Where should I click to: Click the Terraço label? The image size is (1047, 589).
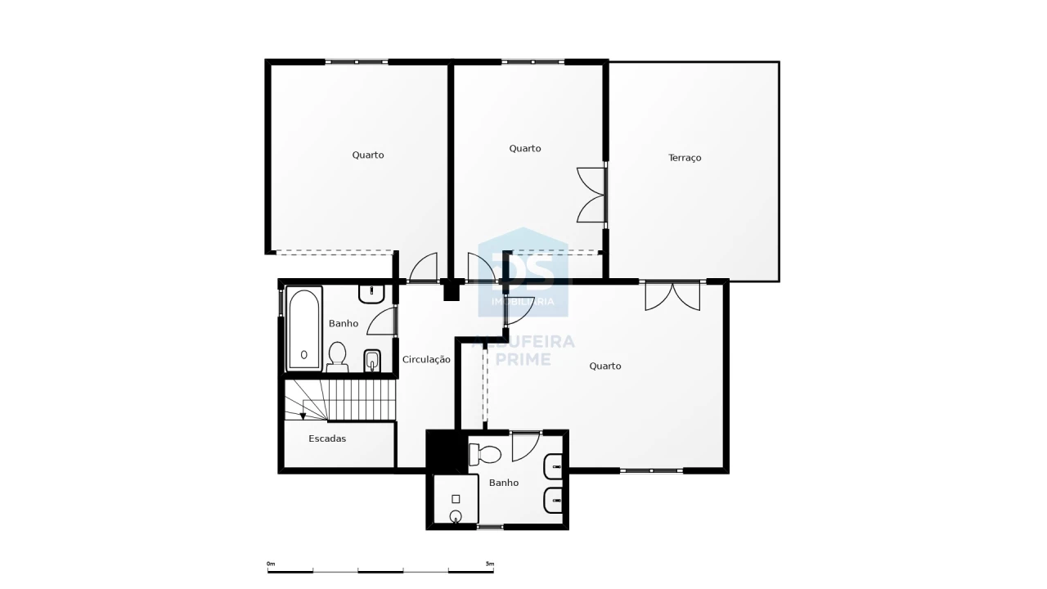point(685,158)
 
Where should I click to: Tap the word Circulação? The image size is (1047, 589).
point(426,359)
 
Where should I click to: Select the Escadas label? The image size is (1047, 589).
point(327,438)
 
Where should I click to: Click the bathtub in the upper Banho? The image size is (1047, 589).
point(303,329)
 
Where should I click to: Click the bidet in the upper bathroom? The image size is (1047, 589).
point(372,361)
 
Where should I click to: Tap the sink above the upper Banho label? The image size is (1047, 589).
point(371,294)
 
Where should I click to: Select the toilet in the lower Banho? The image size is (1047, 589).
point(485,454)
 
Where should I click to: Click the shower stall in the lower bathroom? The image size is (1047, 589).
point(456,499)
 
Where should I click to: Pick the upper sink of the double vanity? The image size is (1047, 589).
point(553,466)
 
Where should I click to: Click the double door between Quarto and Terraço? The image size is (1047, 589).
point(591,195)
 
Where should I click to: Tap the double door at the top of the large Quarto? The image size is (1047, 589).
point(672,296)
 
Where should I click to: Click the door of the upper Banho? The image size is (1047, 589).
point(382,321)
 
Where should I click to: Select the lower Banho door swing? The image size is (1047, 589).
point(526,446)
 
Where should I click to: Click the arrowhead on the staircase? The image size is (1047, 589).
point(303,416)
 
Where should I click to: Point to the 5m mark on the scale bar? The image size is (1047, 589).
point(490,564)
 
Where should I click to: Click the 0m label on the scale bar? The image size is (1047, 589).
point(271,564)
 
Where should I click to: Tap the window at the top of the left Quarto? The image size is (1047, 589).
point(356,61)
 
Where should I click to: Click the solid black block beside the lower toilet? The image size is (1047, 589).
point(447,452)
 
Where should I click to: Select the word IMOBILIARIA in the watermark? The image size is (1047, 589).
point(523,302)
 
